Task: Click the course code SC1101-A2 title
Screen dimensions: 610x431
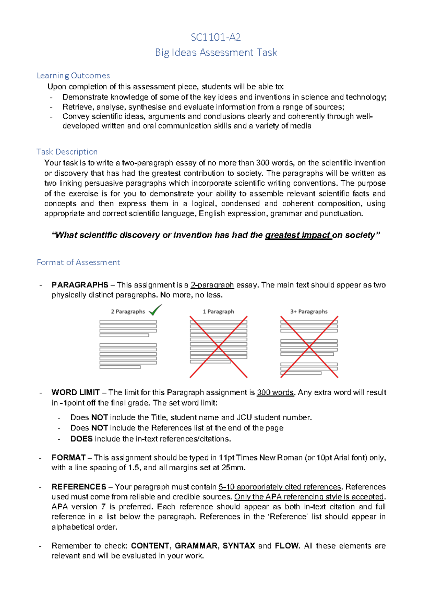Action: pyautogui.click(x=215, y=37)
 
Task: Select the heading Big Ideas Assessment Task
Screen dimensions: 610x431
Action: pyautogui.click(x=216, y=52)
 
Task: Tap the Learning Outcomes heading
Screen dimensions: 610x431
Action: pyautogui.click(x=73, y=75)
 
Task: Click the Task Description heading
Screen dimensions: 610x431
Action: pyautogui.click(x=67, y=152)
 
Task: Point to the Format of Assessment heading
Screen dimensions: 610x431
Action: pyautogui.click(x=78, y=262)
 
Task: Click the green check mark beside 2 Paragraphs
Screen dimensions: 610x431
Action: pyautogui.click(x=155, y=310)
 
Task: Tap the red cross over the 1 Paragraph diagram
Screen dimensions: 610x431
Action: pyautogui.click(x=218, y=347)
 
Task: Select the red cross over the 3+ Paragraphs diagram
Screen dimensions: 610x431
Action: pyautogui.click(x=309, y=347)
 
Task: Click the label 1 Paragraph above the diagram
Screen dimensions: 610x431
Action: pyautogui.click(x=218, y=311)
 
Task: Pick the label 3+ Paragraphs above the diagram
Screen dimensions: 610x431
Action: pyautogui.click(x=309, y=311)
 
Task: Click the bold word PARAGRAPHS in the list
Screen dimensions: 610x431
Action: pyautogui.click(x=80, y=285)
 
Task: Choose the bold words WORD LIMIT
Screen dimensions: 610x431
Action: pyautogui.click(x=75, y=392)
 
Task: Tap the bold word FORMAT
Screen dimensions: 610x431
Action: pyautogui.click(x=69, y=458)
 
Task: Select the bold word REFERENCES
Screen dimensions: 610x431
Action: pyautogui.click(x=79, y=487)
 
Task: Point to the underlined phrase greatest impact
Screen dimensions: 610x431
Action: pyautogui.click(x=298, y=235)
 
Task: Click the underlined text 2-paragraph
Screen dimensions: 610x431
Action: pyautogui.click(x=212, y=285)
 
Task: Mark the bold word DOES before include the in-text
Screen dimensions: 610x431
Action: pyautogui.click(x=82, y=439)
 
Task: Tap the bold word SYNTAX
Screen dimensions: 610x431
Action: pyautogui.click(x=239, y=546)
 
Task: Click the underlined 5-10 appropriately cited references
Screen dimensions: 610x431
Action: pyautogui.click(x=280, y=487)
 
